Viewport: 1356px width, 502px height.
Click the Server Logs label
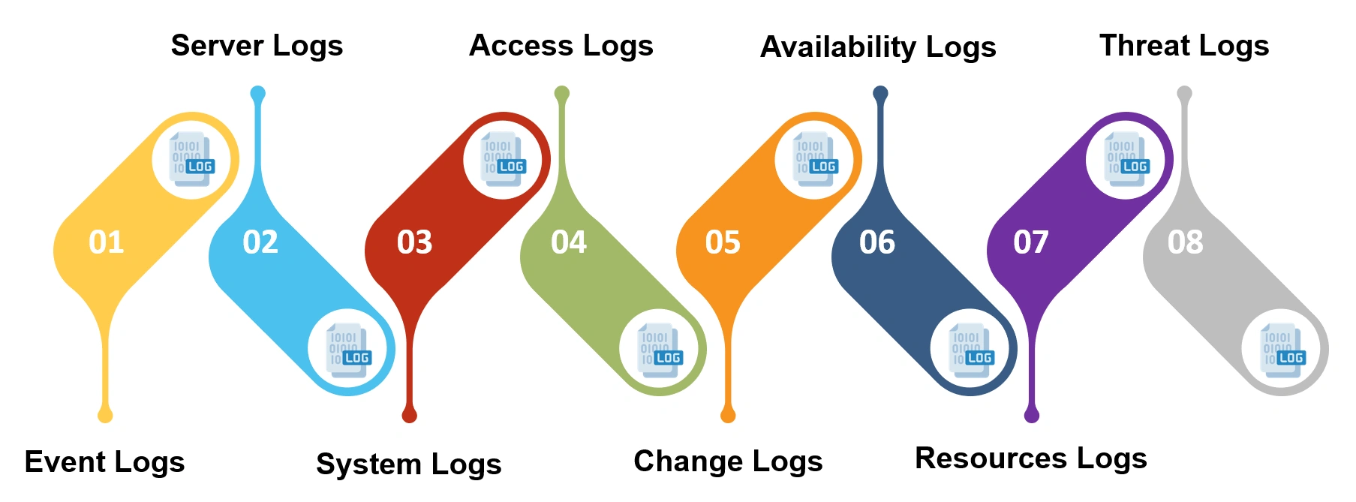point(257,46)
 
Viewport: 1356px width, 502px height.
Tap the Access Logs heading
point(561,46)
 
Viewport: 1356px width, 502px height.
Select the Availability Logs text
point(878,47)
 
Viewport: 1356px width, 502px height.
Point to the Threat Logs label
point(1184,46)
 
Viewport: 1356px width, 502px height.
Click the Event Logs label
point(104,462)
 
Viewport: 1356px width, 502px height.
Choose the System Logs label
point(408,464)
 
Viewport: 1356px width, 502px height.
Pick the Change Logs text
point(728,461)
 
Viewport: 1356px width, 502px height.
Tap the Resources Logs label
point(1030,458)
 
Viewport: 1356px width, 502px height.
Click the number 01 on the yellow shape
point(106,242)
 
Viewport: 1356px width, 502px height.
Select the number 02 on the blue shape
point(260,242)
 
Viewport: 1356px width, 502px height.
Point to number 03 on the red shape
point(414,242)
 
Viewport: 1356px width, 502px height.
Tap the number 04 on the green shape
point(569,242)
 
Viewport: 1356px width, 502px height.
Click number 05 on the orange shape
point(723,242)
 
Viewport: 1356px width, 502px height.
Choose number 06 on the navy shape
point(877,242)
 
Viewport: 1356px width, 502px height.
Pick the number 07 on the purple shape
point(1030,242)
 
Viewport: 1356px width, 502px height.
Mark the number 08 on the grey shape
point(1185,242)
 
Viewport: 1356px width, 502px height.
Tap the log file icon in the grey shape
point(1282,349)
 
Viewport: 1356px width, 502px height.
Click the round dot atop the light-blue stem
point(257,94)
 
